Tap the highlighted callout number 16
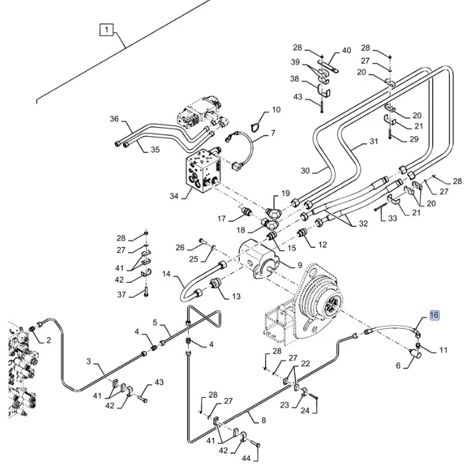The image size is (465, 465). point(434,315)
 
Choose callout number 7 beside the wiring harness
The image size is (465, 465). point(272,134)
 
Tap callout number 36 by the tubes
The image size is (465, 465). point(114,120)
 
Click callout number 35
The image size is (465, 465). point(155,149)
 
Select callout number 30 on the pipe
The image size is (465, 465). point(305,171)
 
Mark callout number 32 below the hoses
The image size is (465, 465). point(363,224)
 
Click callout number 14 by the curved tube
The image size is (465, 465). point(167,274)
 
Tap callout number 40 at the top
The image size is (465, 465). point(346,50)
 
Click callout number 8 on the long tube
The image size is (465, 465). point(263,420)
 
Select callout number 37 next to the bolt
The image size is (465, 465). point(121,295)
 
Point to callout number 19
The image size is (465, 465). point(286,193)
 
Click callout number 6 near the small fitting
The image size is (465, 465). point(399,365)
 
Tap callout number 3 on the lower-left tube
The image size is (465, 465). point(88,362)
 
